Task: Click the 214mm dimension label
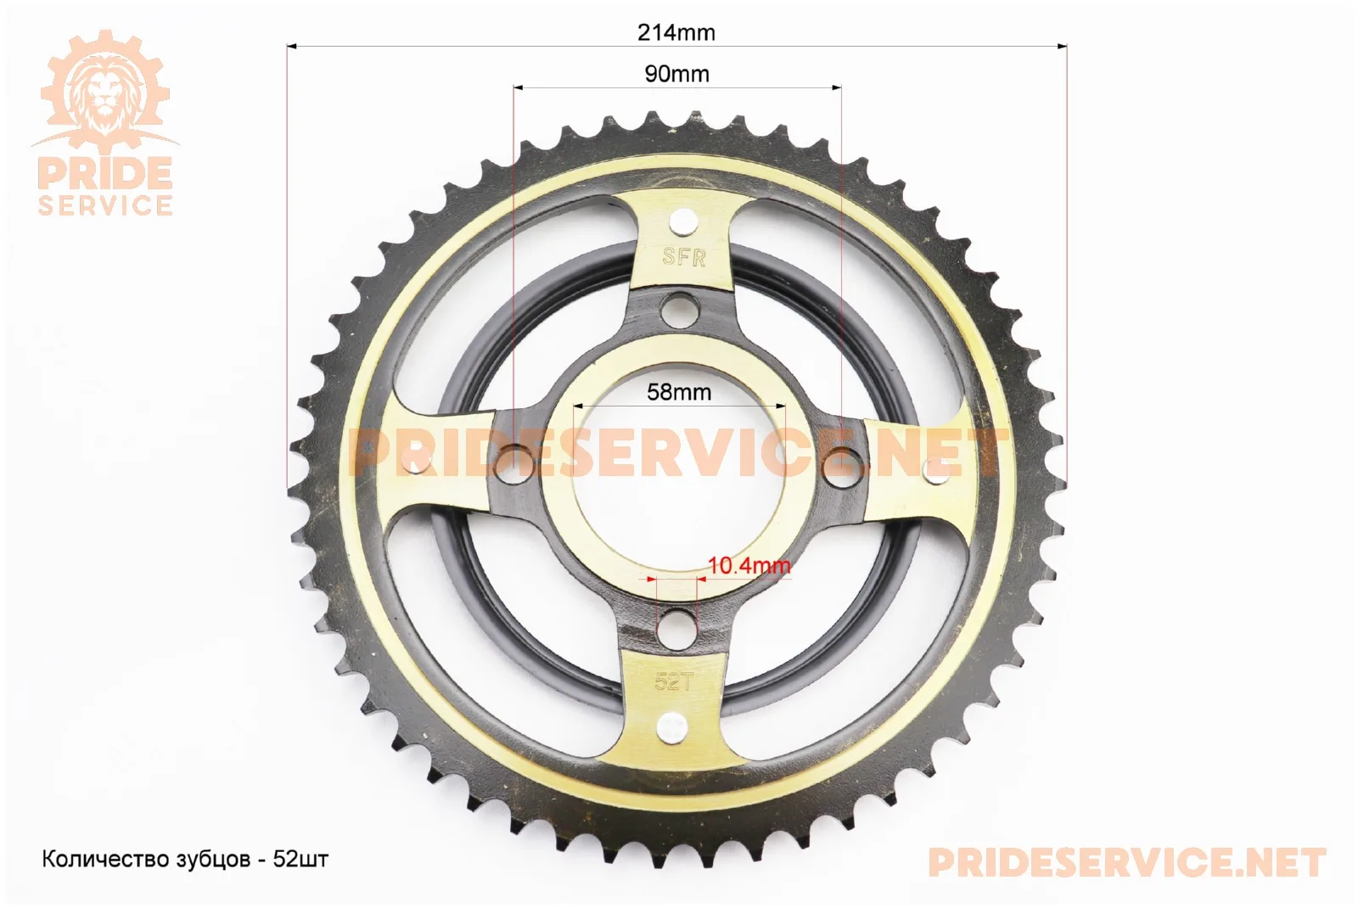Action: point(676,32)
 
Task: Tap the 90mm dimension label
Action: point(676,74)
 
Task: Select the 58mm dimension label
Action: point(679,392)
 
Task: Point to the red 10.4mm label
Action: point(749,565)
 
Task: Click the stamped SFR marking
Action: point(684,257)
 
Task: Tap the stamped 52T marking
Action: point(674,682)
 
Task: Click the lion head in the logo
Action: point(105,91)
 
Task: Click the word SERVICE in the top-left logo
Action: point(105,205)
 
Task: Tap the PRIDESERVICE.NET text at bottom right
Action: point(1127,862)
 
